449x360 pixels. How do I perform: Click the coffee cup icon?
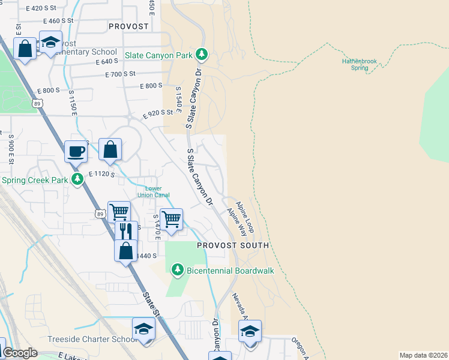point(76,151)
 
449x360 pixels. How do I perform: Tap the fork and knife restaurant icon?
point(125,231)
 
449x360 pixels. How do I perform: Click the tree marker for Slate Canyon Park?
point(202,55)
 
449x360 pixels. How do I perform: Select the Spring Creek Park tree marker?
point(77,179)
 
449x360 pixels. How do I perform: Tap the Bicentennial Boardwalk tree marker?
point(177,271)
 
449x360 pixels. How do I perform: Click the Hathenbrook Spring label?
point(359,64)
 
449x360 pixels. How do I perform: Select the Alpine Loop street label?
point(246,217)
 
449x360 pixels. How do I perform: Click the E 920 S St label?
point(162,113)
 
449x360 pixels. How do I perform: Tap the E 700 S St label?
point(120,74)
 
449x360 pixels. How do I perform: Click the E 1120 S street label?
point(101,174)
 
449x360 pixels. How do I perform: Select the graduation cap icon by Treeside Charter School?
point(144,329)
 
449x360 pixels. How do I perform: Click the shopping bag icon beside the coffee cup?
point(110,150)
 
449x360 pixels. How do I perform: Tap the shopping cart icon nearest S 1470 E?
point(172,220)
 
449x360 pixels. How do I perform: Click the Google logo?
point(20,353)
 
